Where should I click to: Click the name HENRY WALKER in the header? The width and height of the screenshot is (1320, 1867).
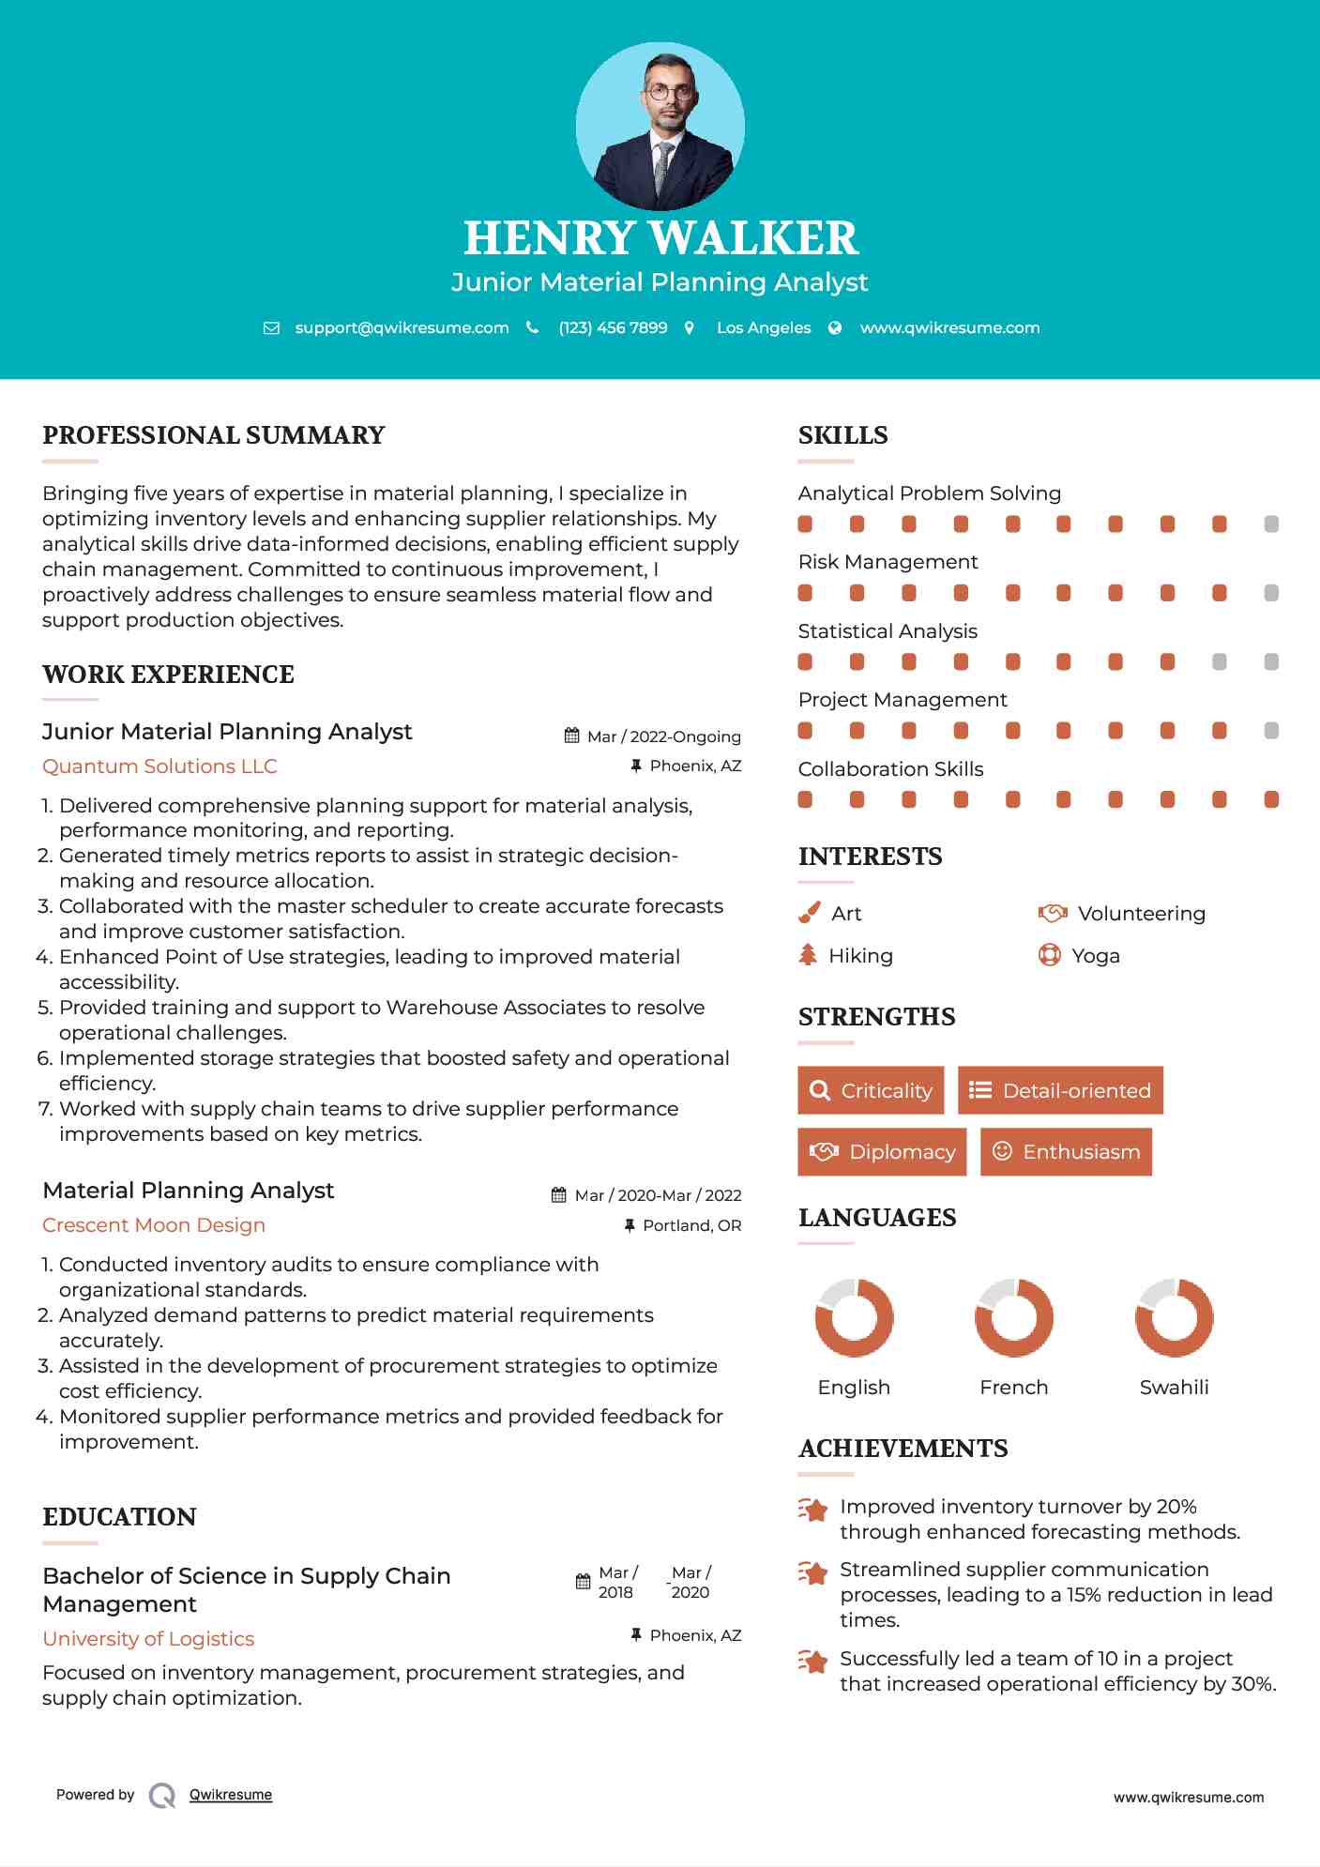(x=660, y=238)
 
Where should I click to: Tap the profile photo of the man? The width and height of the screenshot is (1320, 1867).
(x=660, y=127)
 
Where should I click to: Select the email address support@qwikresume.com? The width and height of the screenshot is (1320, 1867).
(x=402, y=328)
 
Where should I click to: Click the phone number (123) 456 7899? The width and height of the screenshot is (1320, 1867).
(x=613, y=328)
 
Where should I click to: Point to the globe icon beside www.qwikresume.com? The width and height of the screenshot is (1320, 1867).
(x=835, y=328)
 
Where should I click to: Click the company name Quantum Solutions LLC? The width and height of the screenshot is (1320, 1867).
(x=159, y=767)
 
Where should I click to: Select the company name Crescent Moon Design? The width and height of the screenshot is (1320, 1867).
(x=154, y=1225)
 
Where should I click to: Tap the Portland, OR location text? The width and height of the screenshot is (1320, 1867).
(x=691, y=1225)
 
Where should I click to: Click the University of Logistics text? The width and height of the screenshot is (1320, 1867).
(x=148, y=1639)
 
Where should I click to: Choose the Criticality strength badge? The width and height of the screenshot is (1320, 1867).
(x=871, y=1090)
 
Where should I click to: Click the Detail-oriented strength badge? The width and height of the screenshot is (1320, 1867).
(x=1060, y=1090)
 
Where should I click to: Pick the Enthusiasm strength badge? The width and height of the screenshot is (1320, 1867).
(x=1066, y=1152)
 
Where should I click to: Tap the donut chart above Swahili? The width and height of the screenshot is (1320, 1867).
(x=1174, y=1317)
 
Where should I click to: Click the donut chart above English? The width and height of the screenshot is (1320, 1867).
(x=854, y=1317)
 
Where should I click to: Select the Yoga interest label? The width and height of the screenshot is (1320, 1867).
(x=1096, y=956)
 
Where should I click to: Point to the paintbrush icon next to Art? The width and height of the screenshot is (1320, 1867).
(x=809, y=913)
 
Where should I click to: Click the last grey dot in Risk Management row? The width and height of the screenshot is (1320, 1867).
(x=1271, y=593)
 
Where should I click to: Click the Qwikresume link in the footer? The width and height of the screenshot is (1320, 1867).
(x=231, y=1795)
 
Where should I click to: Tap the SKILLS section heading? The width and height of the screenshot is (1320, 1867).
(x=842, y=435)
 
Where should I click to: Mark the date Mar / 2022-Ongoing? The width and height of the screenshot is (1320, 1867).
(x=663, y=736)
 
